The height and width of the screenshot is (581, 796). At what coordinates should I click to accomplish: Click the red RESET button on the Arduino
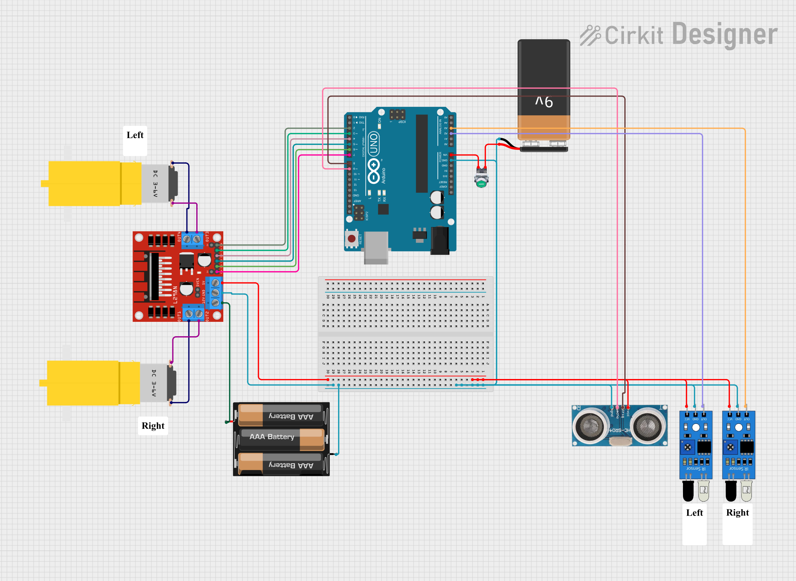point(351,239)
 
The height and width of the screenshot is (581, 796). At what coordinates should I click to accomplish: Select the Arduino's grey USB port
point(376,247)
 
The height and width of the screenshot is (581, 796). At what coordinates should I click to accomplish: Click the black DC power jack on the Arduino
point(440,241)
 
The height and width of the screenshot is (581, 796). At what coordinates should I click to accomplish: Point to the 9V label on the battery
point(544,102)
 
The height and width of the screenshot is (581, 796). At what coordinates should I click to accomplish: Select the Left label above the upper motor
point(135,135)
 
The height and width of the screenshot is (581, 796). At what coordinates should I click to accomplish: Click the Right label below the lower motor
point(153,426)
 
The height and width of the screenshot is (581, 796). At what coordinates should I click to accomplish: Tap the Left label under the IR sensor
point(694,513)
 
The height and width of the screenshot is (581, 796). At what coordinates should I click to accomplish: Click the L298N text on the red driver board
point(175,295)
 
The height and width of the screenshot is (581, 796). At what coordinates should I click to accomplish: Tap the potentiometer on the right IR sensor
point(730,447)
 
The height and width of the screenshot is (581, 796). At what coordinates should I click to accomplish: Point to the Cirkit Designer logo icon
point(590,35)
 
